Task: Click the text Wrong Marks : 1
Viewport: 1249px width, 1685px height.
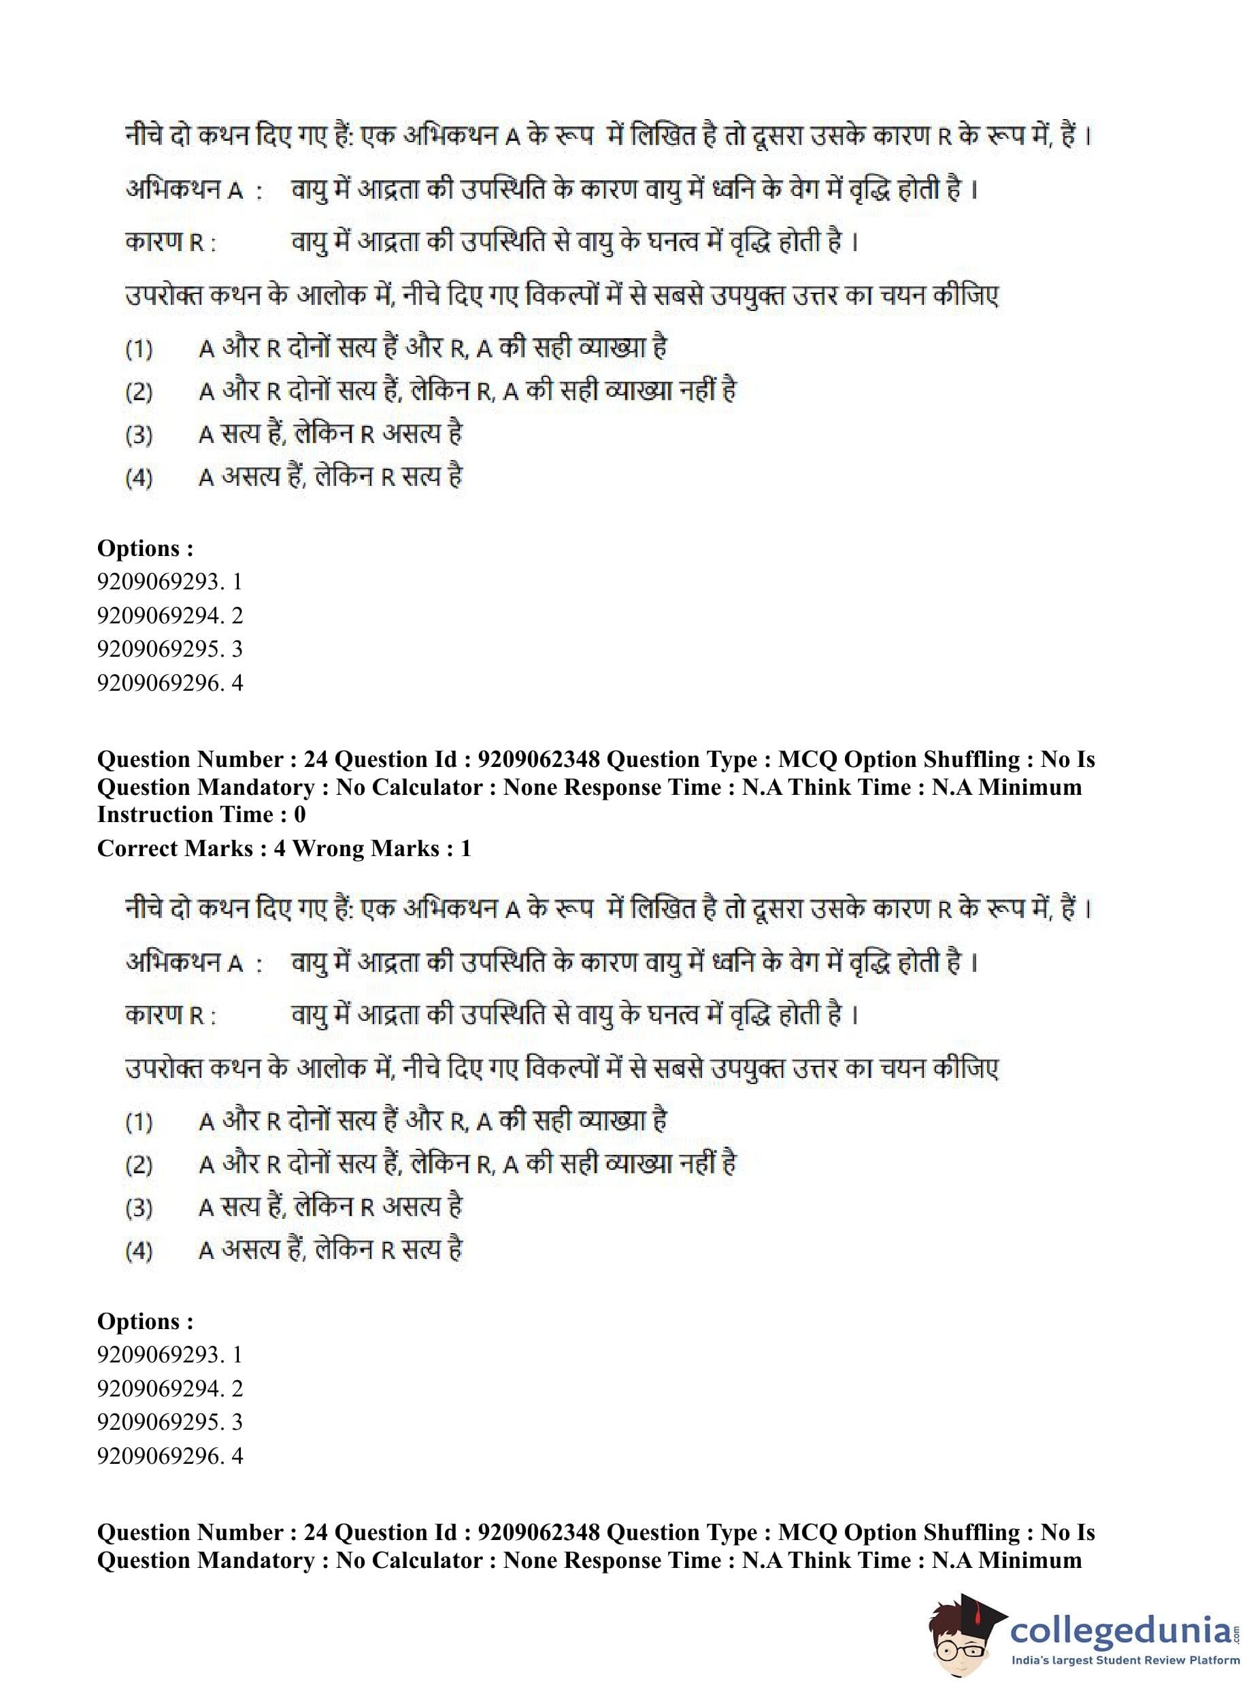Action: tap(381, 848)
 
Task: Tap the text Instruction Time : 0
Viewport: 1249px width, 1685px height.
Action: tap(201, 815)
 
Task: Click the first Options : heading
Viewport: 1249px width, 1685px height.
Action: tap(145, 548)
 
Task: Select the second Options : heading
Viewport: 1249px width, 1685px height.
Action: tap(145, 1320)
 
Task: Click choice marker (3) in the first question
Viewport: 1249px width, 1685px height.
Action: tap(139, 436)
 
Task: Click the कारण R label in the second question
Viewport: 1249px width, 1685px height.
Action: tap(170, 1015)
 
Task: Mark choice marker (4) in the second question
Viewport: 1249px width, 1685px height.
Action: tap(139, 1251)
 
